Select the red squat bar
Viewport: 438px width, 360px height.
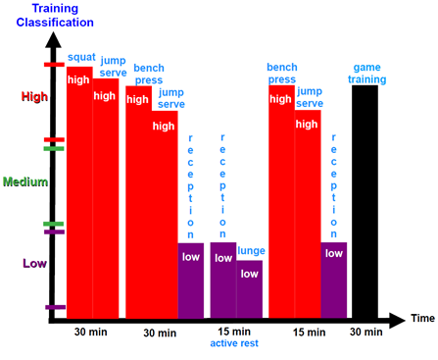click(79, 196)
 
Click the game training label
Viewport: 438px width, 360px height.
click(368, 74)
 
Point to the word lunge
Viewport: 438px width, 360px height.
click(251, 251)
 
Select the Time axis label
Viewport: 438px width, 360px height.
click(422, 319)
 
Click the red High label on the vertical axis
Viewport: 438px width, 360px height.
click(32, 96)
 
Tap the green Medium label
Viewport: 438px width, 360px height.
click(26, 181)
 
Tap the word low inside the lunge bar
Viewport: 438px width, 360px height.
click(250, 274)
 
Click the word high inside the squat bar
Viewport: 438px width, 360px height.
click(78, 79)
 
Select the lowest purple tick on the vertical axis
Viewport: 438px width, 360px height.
click(55, 307)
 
